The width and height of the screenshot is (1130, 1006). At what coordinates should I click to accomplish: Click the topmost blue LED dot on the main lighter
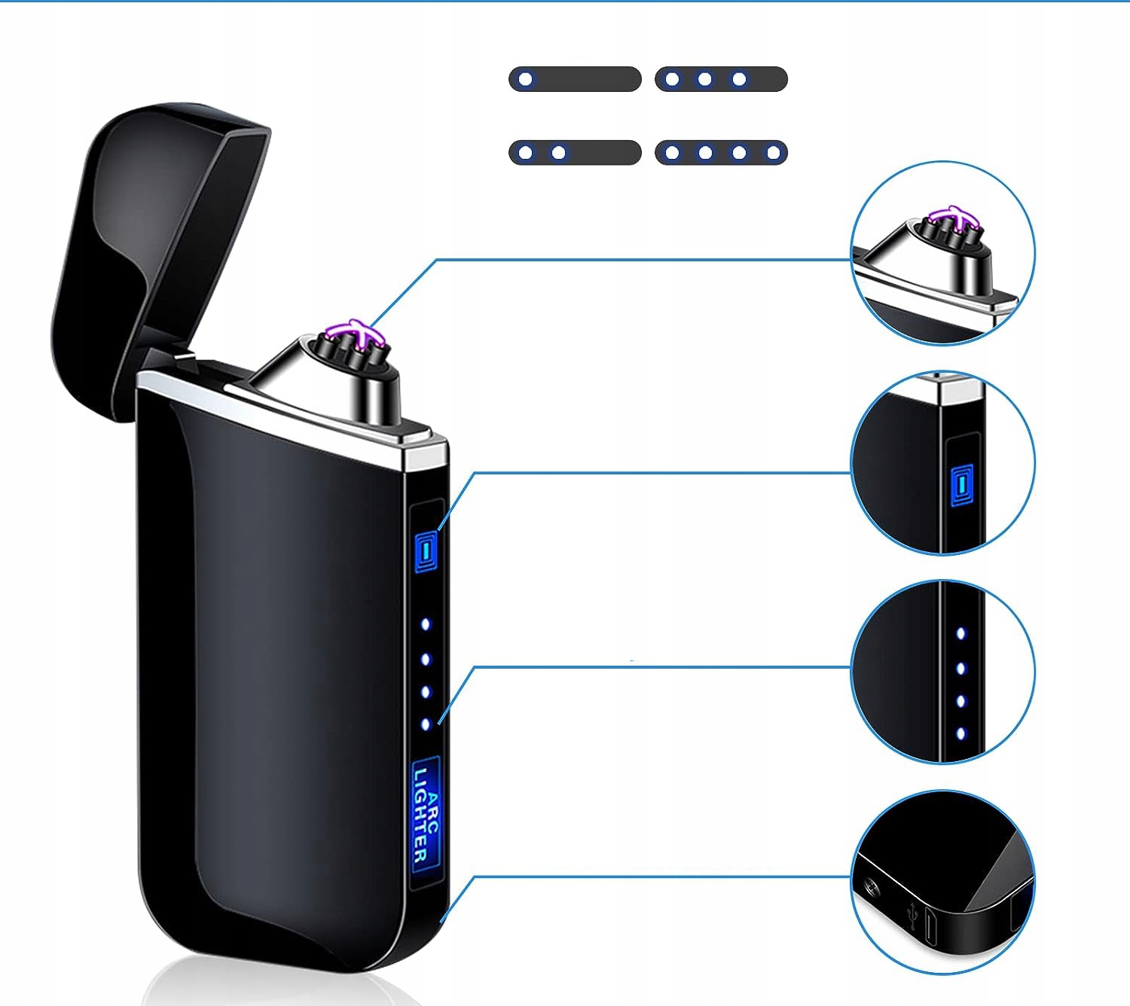tap(426, 624)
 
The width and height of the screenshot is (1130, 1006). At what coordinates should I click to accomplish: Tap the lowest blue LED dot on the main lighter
tap(426, 724)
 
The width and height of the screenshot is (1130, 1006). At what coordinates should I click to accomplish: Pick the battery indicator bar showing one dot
tap(575, 79)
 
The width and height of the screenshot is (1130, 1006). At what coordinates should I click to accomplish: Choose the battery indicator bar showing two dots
tap(575, 153)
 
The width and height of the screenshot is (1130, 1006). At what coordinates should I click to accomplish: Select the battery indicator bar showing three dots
tap(721, 79)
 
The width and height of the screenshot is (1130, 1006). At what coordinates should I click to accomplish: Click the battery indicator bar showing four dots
tap(721, 153)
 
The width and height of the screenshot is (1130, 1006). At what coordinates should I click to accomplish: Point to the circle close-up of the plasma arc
tap(942, 253)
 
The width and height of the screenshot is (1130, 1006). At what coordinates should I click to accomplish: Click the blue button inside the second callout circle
tap(961, 485)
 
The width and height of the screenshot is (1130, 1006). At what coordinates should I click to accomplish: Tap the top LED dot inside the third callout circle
tap(960, 634)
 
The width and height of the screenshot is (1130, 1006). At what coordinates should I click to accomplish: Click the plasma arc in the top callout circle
tap(954, 218)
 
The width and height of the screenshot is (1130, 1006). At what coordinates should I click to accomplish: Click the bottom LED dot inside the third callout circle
tap(960, 733)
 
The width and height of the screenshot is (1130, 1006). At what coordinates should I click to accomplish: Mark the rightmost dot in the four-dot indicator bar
tap(773, 153)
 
